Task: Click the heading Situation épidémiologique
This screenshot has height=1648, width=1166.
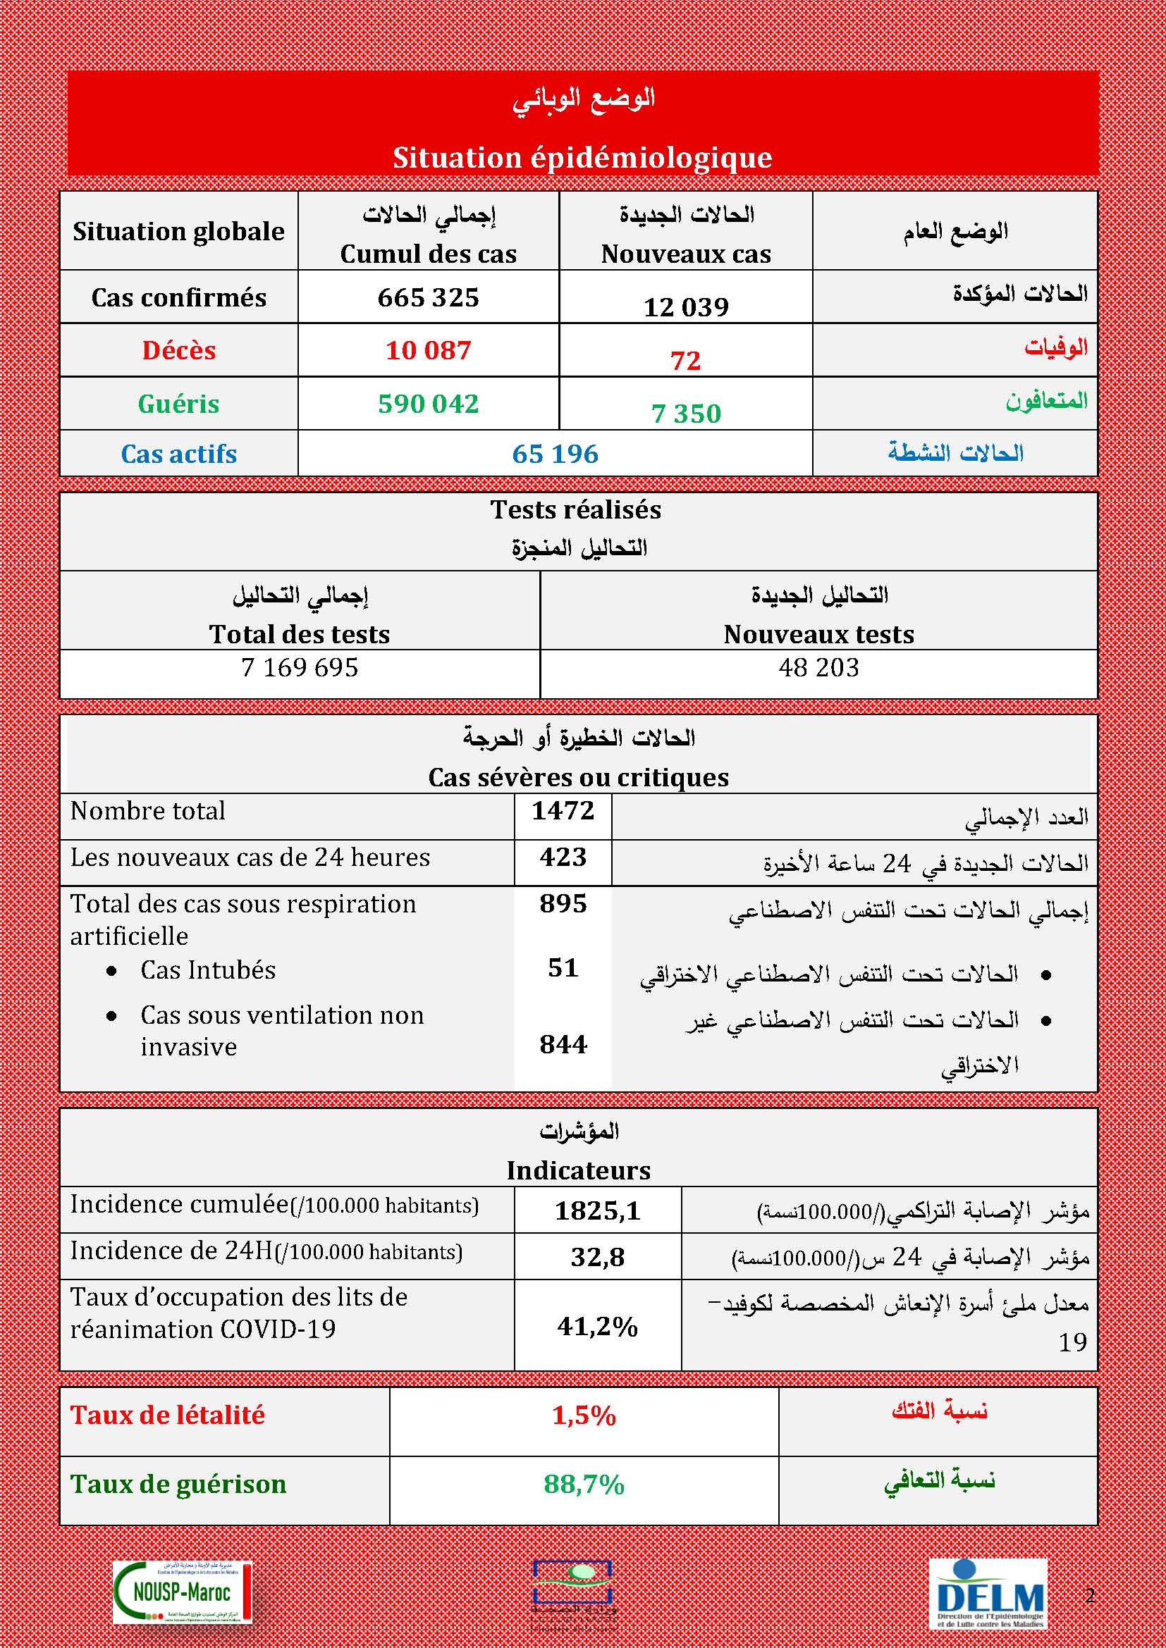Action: [x=582, y=158]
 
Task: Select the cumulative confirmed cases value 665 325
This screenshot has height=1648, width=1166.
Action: [x=428, y=298]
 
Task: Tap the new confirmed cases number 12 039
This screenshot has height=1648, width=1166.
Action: [x=686, y=307]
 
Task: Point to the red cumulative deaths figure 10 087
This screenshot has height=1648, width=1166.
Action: [x=428, y=350]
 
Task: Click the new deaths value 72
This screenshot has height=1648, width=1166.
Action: [x=685, y=360]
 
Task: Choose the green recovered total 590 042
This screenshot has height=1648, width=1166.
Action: [x=428, y=404]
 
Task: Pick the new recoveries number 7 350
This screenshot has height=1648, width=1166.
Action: [x=686, y=414]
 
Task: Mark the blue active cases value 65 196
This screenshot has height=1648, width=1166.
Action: [x=555, y=454]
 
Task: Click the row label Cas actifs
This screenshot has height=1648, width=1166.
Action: [x=179, y=454]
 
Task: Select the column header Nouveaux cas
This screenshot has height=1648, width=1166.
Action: [x=686, y=254]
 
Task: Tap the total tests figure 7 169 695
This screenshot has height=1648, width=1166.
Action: [x=300, y=667]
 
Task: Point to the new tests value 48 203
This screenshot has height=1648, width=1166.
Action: [x=818, y=667]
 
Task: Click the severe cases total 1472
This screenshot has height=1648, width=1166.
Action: [x=563, y=811]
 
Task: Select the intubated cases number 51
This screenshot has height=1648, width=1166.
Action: [x=563, y=968]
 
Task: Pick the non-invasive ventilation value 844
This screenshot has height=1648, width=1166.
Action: [x=563, y=1044]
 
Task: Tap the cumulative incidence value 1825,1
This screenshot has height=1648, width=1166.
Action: [x=597, y=1211]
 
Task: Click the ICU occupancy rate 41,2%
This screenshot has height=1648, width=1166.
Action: [x=597, y=1327]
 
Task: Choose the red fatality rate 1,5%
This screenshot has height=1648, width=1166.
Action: [x=584, y=1415]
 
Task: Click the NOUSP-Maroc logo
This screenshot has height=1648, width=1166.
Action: [x=183, y=1612]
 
